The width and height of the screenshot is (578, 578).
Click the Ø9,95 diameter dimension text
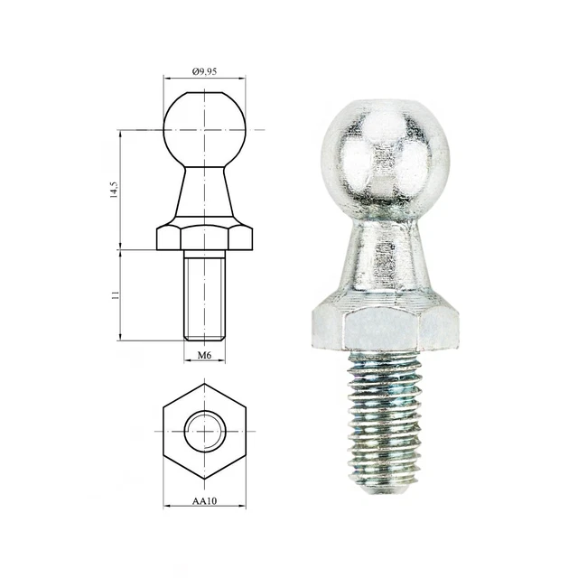pyautogui.click(x=205, y=70)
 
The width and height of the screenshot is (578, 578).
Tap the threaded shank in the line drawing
pyautogui.click(x=205, y=294)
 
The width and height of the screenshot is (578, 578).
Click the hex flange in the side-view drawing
pyautogui.click(x=205, y=237)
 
